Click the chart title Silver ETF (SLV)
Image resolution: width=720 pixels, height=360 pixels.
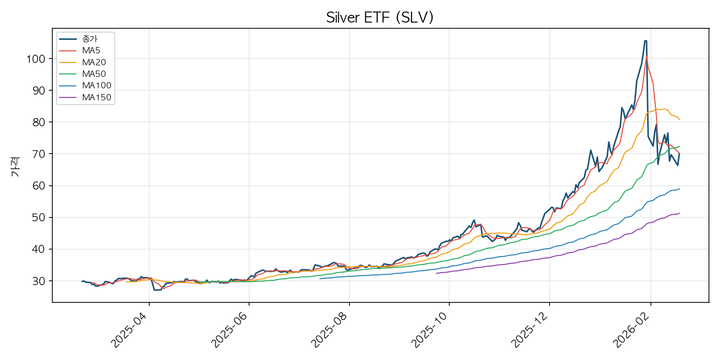point(380,18)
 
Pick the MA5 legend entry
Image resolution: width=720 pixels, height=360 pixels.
point(91,50)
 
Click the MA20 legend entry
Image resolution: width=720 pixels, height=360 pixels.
point(93,62)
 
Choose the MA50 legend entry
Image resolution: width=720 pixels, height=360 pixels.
point(93,74)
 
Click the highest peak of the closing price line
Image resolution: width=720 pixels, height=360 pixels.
point(645,41)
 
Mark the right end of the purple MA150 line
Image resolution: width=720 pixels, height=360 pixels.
point(679,213)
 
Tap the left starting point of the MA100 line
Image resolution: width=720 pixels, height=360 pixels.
point(320,278)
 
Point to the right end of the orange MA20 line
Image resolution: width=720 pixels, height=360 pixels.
point(679,120)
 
